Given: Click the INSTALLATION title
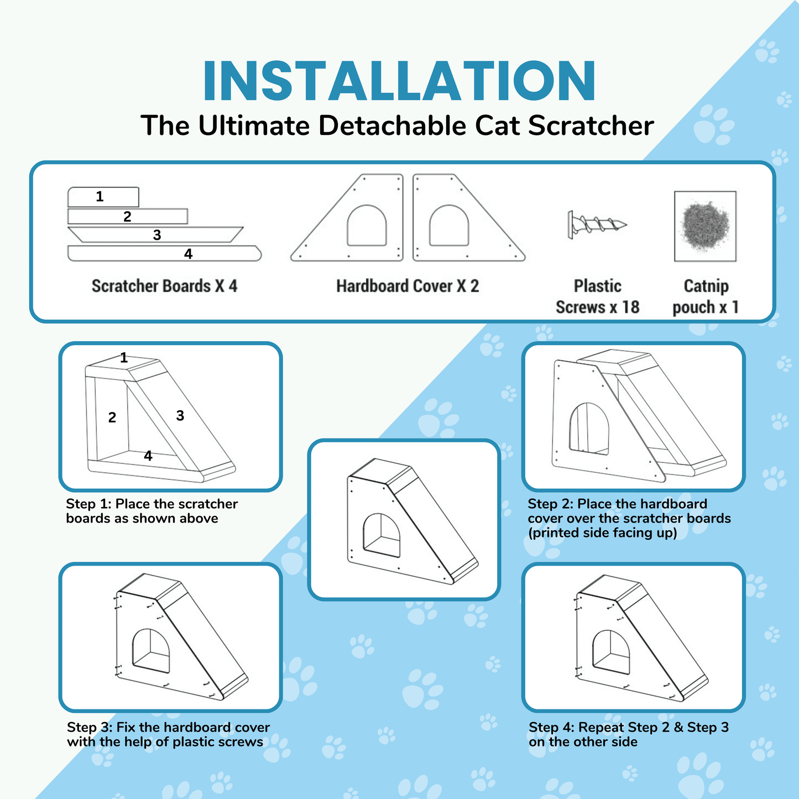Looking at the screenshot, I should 399,81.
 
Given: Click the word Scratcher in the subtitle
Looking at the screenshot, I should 591,126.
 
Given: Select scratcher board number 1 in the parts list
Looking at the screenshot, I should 103,197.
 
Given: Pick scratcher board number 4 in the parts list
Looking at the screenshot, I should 164,254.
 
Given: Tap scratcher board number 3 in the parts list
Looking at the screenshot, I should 156,234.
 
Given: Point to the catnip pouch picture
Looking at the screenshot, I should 705,226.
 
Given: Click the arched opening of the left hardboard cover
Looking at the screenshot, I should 367,226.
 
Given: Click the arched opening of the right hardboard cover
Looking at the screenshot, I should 448,226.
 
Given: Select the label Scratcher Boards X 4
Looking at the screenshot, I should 164,286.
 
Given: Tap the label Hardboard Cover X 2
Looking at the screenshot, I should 408,286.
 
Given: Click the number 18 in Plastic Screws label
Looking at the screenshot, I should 630,307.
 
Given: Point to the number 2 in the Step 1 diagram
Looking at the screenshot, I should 112,417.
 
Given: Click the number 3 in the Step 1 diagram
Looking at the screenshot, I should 180,416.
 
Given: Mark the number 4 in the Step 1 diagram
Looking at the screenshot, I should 148,456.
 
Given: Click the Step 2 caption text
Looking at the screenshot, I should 629,518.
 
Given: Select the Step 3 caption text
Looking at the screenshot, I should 168,734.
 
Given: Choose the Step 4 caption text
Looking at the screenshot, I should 628,734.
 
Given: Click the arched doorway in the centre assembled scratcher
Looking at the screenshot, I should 382,535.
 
